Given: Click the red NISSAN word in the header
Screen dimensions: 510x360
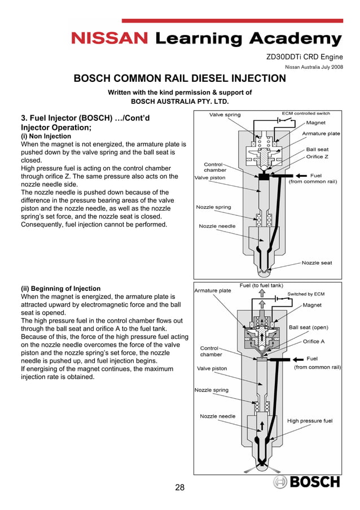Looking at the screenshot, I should [x=110, y=38].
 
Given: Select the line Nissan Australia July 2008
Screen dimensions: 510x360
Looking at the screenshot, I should [x=313, y=68].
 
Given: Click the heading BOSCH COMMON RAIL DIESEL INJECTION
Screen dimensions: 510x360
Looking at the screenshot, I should [x=180, y=79].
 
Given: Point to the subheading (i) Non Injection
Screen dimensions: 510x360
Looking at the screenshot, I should [x=46, y=137].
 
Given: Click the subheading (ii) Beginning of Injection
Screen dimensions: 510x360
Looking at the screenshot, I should [x=60, y=289].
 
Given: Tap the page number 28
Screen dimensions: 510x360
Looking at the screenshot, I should [x=179, y=487].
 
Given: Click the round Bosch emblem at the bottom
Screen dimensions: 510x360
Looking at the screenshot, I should [x=281, y=482].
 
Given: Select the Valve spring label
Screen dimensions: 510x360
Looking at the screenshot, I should [x=225, y=115].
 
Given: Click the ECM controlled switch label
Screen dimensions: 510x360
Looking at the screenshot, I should [x=306, y=114].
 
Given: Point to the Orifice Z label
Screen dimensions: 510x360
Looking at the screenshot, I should [x=317, y=156].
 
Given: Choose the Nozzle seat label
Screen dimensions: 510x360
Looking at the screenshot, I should [x=317, y=263].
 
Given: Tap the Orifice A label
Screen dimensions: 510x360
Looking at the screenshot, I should [x=314, y=341].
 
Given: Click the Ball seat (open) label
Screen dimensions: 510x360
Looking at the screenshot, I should [x=308, y=327].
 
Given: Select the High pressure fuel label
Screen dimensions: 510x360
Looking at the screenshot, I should [x=310, y=421].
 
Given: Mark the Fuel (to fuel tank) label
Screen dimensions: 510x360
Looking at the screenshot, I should [x=261, y=286].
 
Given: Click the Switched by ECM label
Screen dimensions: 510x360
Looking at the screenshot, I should [x=306, y=294].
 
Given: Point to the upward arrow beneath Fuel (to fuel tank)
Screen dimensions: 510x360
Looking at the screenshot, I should [x=261, y=294].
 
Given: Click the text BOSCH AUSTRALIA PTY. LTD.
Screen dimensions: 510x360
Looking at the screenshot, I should [x=180, y=102].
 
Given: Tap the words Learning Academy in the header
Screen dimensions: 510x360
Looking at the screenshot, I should [x=248, y=38].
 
